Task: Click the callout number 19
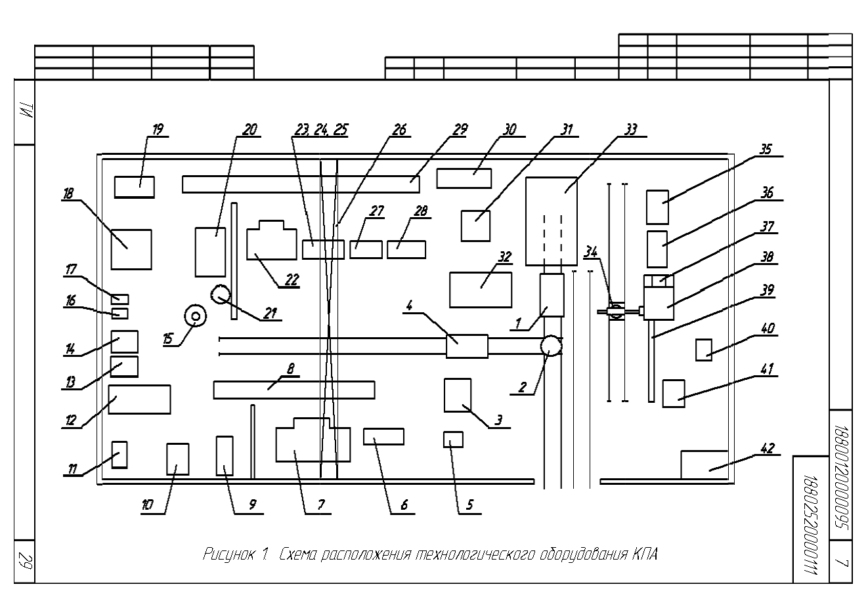pos(158,130)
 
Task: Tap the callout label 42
pos(767,448)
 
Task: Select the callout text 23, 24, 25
pos(321,130)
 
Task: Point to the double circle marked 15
pos(196,316)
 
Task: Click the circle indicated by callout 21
pos(221,295)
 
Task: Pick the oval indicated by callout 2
pos(551,345)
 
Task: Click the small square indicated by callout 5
pos(453,440)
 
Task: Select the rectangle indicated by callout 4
pos(467,346)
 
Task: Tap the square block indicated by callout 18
pos(131,249)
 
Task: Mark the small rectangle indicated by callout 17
pos(119,299)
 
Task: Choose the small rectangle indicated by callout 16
pos(119,313)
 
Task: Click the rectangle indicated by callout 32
pos(481,289)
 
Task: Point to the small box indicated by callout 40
pos(704,350)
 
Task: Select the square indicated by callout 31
pos(475,226)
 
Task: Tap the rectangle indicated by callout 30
pos(464,178)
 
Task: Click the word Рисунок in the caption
pos(228,554)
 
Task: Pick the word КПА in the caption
pos(645,554)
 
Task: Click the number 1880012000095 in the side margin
pos(840,477)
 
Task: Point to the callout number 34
pos(590,253)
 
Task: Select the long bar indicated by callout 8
pos(294,390)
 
